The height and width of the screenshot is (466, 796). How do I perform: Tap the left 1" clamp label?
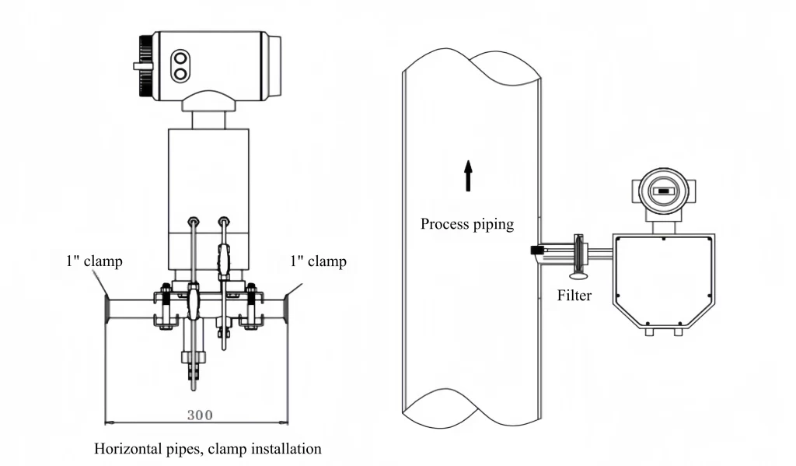(93, 261)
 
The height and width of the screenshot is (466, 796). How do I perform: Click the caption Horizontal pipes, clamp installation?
(208, 449)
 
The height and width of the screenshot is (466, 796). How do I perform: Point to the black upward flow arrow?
(468, 175)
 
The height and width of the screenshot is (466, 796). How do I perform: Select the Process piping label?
(467, 224)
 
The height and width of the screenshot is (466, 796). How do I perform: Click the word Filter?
(574, 296)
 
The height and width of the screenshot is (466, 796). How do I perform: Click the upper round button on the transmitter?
(181, 58)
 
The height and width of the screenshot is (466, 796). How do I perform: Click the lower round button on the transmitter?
(181, 74)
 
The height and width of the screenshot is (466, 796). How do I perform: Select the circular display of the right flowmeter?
(662, 190)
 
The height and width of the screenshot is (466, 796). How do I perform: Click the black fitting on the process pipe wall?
(536, 251)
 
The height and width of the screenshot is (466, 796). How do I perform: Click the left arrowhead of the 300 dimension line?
(108, 423)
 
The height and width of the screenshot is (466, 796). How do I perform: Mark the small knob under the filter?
(578, 275)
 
